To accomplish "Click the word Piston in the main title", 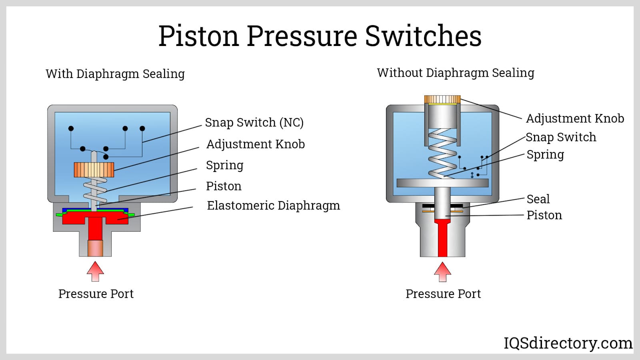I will (x=198, y=36).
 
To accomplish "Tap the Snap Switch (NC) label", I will (x=254, y=122).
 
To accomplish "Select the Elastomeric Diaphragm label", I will (x=273, y=206).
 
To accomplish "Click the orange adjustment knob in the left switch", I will (x=94, y=170).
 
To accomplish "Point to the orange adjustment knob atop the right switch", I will (x=442, y=99).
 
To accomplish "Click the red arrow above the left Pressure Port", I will (x=95, y=272).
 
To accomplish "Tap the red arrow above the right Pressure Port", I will (x=442, y=272).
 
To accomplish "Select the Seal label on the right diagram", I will (x=538, y=199).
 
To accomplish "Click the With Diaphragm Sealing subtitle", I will (x=115, y=74).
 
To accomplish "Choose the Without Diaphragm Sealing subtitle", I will (x=456, y=73).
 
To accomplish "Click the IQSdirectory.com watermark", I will (x=568, y=343).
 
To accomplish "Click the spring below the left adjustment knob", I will (x=95, y=190).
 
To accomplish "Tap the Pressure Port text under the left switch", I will (x=96, y=294).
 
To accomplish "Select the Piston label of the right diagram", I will (x=544, y=215).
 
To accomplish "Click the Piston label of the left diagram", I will (x=224, y=186).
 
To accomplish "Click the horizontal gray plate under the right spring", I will (x=442, y=183).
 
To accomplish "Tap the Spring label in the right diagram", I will (x=545, y=155).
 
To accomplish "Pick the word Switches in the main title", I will (x=423, y=36).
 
